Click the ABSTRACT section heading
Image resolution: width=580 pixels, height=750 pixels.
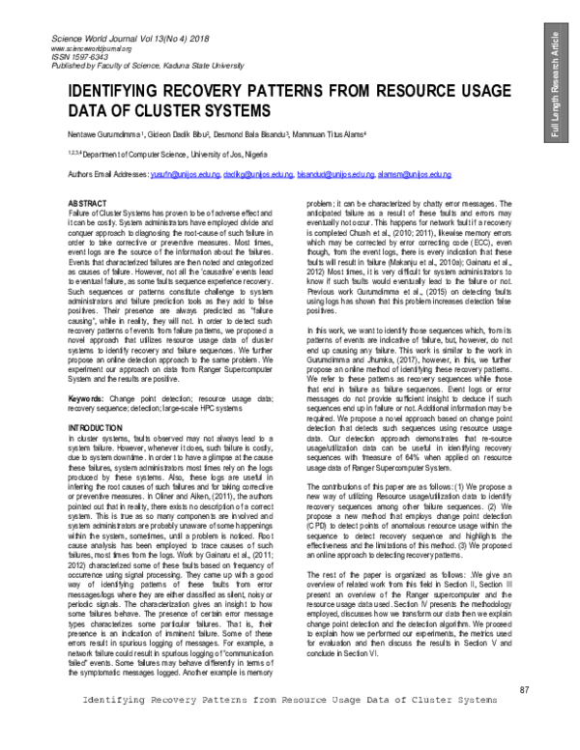pos(88,206)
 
